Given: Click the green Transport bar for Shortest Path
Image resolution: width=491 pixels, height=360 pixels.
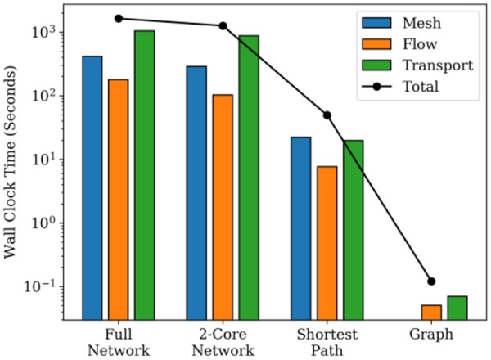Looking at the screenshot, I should click(353, 228).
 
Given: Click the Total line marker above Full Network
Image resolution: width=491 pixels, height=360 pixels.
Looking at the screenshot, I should click(119, 18).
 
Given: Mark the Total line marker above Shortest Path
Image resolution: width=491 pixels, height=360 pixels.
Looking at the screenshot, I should click(327, 115).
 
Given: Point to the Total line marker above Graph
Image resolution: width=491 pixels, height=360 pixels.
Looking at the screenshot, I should click(431, 281).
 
